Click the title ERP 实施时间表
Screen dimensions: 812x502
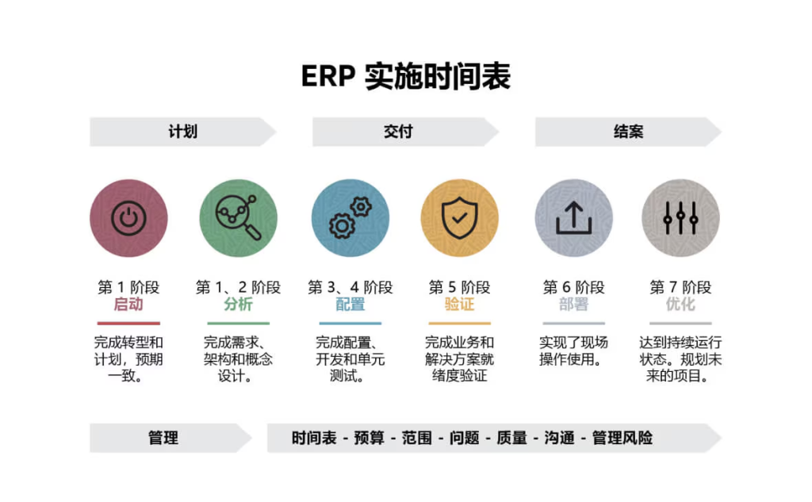click(x=406, y=77)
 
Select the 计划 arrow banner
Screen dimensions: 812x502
click(x=183, y=132)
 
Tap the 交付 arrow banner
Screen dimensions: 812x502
click(x=405, y=132)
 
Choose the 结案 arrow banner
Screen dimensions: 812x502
click(x=628, y=132)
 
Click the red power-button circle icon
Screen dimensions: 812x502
click(x=128, y=218)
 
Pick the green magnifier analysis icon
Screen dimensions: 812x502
click(x=238, y=218)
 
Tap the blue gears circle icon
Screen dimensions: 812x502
click(x=350, y=218)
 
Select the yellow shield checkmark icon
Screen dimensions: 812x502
click(x=459, y=218)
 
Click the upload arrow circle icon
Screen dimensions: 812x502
click(x=574, y=218)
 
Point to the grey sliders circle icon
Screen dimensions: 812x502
click(x=680, y=218)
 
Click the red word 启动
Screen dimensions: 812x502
click(x=128, y=304)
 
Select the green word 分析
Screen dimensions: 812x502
click(x=238, y=304)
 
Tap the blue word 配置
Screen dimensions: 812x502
click(x=350, y=304)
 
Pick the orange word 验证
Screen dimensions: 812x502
click(x=459, y=304)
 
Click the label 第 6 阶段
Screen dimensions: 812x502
click(x=574, y=287)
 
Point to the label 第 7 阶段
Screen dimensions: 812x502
click(x=680, y=287)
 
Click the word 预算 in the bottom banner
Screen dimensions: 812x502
click(x=370, y=439)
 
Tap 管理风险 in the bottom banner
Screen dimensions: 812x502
click(x=622, y=439)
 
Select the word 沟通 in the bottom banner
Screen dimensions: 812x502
click(x=559, y=439)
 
